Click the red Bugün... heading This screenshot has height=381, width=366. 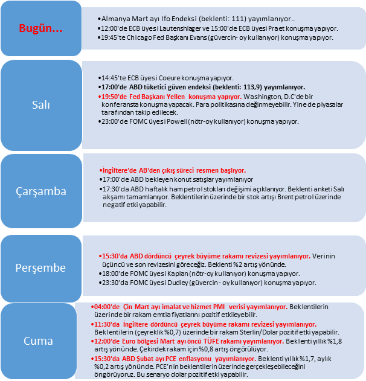40,28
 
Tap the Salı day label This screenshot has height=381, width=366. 41,105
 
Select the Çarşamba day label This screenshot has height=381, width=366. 41,191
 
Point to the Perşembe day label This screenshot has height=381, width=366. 40,268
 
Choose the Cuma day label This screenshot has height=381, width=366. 38,341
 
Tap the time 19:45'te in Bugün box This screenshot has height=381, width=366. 113,37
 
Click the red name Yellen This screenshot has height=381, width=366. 176,97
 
